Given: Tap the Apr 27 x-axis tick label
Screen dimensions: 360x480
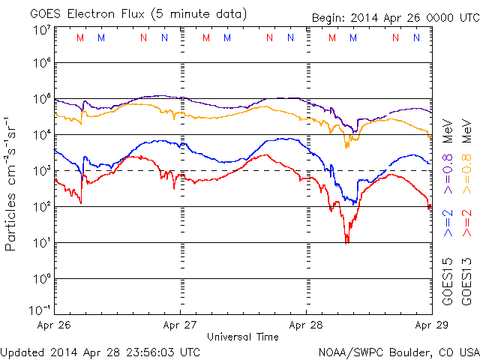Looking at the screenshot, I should tap(180, 325).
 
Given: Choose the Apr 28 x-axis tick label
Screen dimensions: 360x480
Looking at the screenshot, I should tap(306, 325).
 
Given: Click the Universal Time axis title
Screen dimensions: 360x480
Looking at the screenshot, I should tap(242, 337).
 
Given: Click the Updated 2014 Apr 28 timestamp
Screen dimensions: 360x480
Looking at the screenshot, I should tap(100, 351).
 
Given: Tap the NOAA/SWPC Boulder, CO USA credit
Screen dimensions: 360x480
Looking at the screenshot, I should tap(398, 351).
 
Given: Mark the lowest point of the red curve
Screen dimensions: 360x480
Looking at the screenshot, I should tap(346, 242).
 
